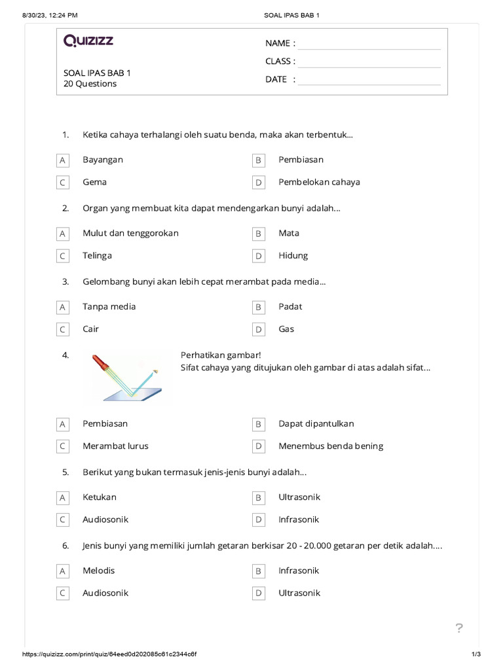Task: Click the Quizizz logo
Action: tap(88, 41)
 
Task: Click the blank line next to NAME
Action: tap(369, 44)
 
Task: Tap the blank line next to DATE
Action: tap(369, 80)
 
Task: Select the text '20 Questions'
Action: tap(90, 84)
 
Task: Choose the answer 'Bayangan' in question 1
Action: tap(103, 160)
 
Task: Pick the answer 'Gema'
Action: tap(94, 182)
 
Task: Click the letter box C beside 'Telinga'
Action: tap(63, 256)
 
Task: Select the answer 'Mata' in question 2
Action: tap(289, 233)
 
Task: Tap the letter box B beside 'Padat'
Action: tap(259, 307)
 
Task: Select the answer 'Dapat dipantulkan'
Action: tap(316, 423)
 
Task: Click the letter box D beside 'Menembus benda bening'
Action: tap(259, 446)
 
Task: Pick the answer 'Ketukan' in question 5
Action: tap(100, 497)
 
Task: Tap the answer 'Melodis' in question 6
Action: tap(98, 570)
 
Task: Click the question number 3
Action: tap(65, 281)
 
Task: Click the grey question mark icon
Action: tap(459, 629)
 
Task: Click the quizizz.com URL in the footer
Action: tap(110, 654)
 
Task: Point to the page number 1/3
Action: tap(476, 654)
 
